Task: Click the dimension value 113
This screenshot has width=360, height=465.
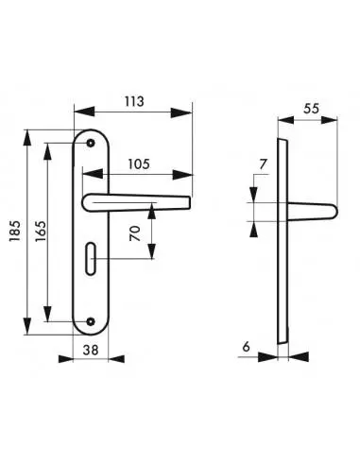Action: click(x=134, y=101)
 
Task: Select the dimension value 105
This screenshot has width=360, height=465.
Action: click(x=139, y=164)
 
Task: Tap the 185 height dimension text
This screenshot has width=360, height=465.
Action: click(x=15, y=231)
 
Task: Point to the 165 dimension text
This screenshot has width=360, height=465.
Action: click(x=41, y=232)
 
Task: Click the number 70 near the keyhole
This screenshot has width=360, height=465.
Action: click(x=135, y=233)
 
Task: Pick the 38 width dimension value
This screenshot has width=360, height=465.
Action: click(x=91, y=350)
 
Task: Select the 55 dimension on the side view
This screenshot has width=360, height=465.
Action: click(x=311, y=109)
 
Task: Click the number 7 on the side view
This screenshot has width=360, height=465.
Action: click(x=264, y=164)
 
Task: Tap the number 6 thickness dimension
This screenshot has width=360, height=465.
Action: click(x=246, y=347)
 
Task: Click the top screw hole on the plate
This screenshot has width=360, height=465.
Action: click(x=91, y=143)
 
